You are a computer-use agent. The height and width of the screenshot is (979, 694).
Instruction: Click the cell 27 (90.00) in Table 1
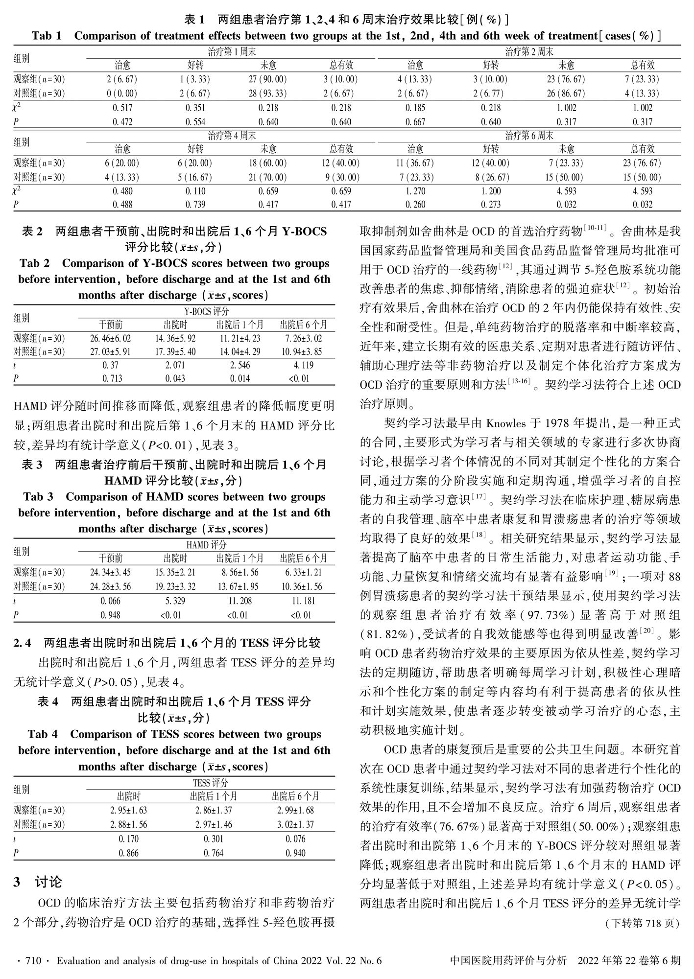(267, 79)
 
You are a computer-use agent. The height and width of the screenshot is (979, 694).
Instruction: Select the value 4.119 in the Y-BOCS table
(304, 365)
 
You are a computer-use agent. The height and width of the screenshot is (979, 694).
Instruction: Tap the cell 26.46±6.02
(111, 338)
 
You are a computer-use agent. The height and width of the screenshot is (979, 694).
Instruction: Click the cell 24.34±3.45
(111, 572)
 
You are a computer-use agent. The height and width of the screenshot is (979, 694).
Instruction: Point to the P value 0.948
(111, 615)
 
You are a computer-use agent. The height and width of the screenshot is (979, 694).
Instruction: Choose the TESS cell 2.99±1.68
(295, 811)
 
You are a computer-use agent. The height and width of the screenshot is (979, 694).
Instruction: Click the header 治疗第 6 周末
(529, 135)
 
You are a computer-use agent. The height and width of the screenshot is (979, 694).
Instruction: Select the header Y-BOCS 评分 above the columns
(207, 311)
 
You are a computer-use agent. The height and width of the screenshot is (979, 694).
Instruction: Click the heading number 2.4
(23, 643)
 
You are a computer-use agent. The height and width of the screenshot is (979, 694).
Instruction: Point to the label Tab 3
(38, 497)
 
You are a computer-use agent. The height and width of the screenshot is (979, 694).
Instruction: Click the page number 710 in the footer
(32, 961)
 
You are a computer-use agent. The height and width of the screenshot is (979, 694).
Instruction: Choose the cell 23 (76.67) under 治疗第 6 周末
(642, 163)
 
